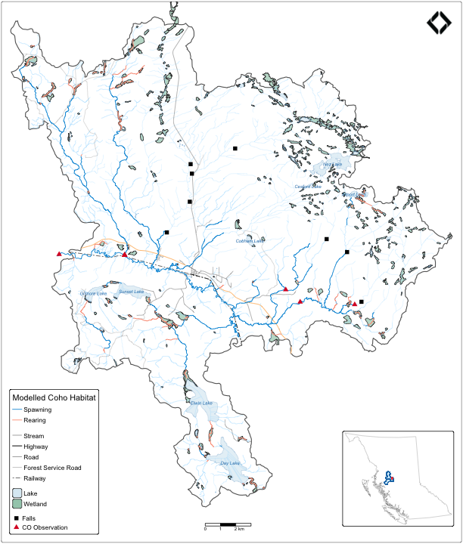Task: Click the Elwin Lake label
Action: pyautogui.click(x=203, y=403)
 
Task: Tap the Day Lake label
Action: pyautogui.click(x=230, y=463)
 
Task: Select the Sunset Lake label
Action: pyautogui.click(x=131, y=291)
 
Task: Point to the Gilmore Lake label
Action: pyautogui.click(x=94, y=293)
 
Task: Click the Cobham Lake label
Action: pyautogui.click(x=249, y=241)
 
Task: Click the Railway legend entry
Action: pyautogui.click(x=35, y=478)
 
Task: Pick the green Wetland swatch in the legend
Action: pyautogui.click(x=17, y=503)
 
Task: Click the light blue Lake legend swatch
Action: pyautogui.click(x=17, y=493)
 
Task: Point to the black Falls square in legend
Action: pyautogui.click(x=17, y=517)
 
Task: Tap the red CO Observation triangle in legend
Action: pyautogui.click(x=17, y=527)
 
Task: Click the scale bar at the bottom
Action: pyautogui.click(x=222, y=524)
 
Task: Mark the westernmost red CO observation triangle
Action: pyautogui.click(x=59, y=254)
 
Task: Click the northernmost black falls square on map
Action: pyautogui.click(x=235, y=148)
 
